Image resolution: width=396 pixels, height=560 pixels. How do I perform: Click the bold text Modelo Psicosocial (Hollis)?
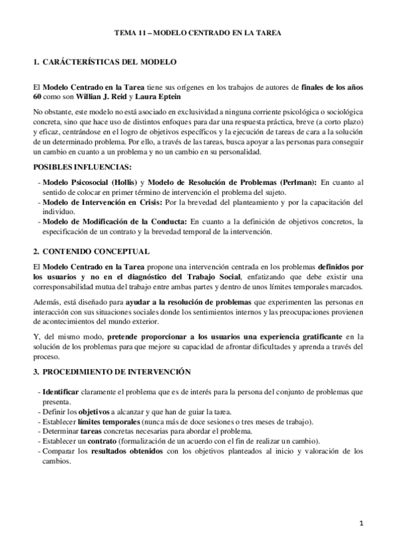(x=91, y=182)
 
